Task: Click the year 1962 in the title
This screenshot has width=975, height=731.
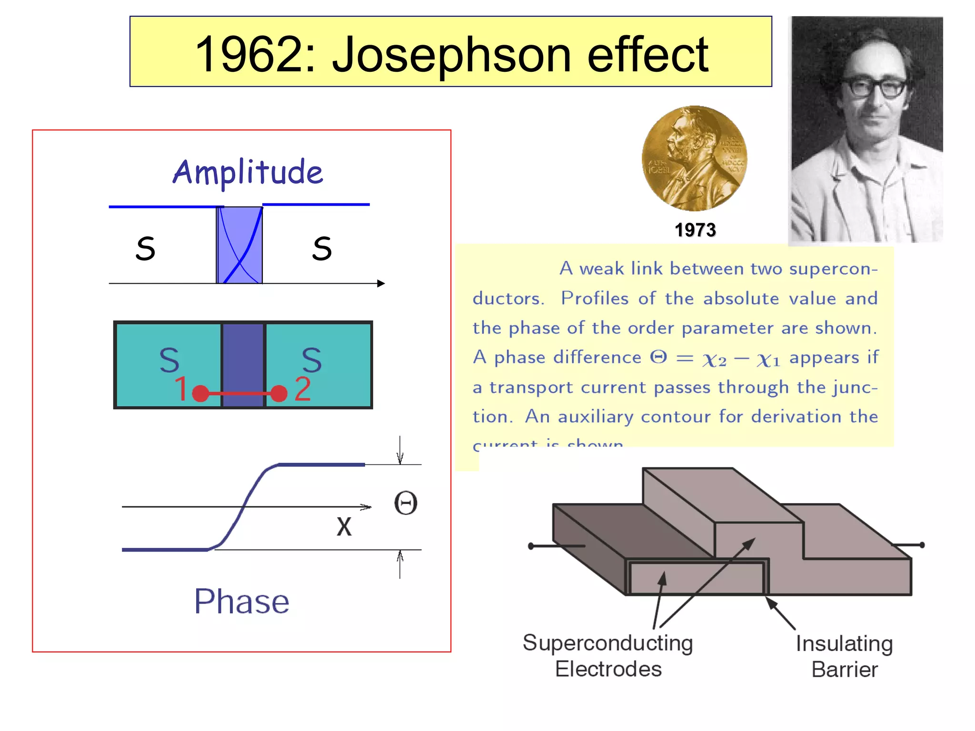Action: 255,55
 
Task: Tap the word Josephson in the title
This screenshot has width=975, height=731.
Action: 451,55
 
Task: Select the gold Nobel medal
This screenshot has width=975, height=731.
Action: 694,158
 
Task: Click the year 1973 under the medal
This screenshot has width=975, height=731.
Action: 695,230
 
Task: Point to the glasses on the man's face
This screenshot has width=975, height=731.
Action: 874,88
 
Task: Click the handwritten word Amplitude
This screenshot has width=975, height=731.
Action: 248,172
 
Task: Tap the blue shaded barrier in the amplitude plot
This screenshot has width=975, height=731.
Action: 239,245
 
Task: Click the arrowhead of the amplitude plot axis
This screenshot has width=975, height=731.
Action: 381,284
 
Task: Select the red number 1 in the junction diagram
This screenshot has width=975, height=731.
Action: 181,389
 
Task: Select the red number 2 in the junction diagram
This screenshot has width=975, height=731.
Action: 303,389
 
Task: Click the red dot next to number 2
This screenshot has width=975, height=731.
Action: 279,394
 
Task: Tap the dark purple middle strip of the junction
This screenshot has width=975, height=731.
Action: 243,365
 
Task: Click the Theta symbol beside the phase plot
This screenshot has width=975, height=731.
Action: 406,503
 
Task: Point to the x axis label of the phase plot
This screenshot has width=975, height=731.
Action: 344,527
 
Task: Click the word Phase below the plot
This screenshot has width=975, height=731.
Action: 242,602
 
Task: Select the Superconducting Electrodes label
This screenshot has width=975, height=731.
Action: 608,656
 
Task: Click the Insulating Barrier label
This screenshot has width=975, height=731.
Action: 844,656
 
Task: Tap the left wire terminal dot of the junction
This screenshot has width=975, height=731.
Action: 531,546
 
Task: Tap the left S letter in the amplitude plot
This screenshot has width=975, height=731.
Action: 145,248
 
